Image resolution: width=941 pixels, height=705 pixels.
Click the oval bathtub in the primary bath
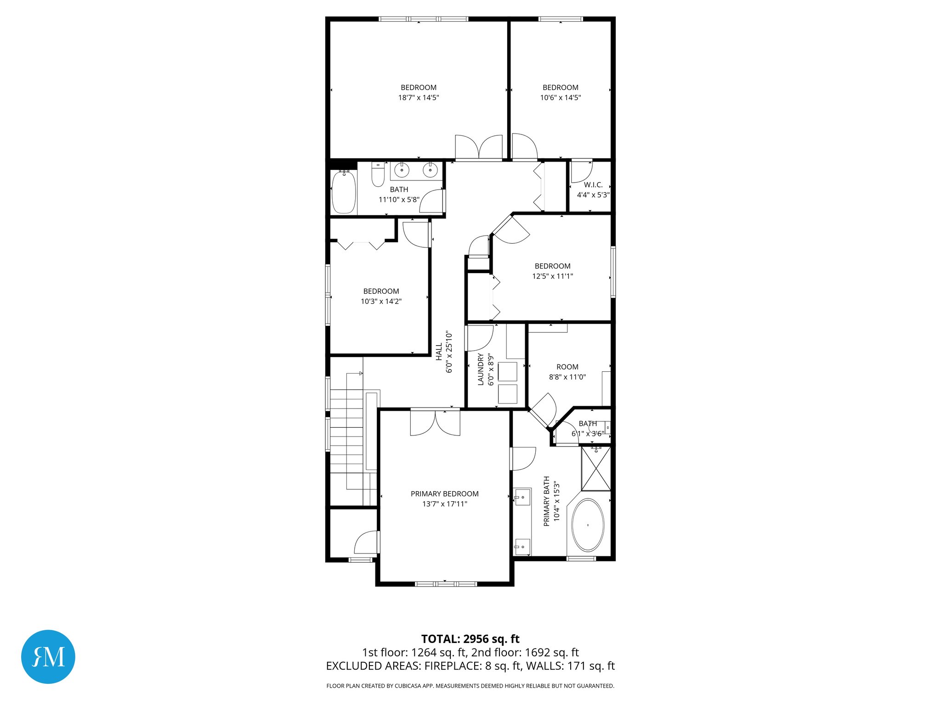click(588, 525)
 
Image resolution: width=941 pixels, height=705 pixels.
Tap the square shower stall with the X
click(596, 469)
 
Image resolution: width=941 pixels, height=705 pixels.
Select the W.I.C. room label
click(593, 185)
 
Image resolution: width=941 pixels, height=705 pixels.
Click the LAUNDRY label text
click(481, 369)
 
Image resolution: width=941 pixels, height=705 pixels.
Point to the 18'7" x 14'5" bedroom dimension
click(419, 98)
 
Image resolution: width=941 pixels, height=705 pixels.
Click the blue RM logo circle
click(48, 656)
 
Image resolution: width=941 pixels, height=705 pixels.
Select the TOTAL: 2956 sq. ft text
click(470, 639)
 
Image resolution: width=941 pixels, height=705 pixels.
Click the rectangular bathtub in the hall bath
click(344, 191)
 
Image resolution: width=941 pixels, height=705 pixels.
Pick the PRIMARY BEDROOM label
click(444, 494)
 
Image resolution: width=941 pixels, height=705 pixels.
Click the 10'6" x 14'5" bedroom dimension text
click(560, 98)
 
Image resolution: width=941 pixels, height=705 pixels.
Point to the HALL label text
click(439, 351)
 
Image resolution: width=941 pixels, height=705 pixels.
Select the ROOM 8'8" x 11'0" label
click(567, 372)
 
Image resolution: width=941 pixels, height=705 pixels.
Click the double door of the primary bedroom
click(435, 423)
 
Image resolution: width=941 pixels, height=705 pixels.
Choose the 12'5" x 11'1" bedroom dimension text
click(552, 276)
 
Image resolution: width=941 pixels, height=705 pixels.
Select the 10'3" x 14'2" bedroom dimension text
click(381, 302)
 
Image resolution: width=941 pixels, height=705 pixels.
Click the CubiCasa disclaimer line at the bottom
click(470, 686)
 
